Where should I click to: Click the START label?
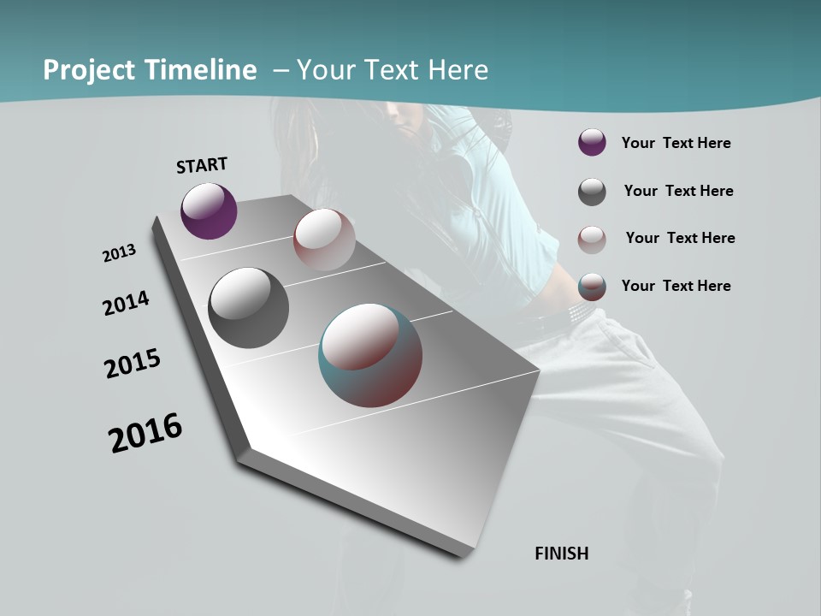[202, 165]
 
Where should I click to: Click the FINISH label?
[562, 554]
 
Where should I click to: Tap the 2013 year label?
[119, 253]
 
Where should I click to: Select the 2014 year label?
[126, 304]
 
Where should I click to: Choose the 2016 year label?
[145, 433]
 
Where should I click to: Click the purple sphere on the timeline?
[209, 210]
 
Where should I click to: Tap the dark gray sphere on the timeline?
[248, 308]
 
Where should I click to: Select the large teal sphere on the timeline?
[370, 355]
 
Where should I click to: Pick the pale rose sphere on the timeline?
[324, 239]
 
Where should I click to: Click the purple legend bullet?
[592, 143]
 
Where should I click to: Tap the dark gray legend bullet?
[592, 192]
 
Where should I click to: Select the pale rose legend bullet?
[592, 239]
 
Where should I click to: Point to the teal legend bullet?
[592, 287]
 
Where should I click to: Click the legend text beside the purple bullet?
[676, 144]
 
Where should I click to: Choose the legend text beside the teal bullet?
[676, 286]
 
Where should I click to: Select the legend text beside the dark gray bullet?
[678, 191]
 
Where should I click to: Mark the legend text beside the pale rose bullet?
[680, 238]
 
